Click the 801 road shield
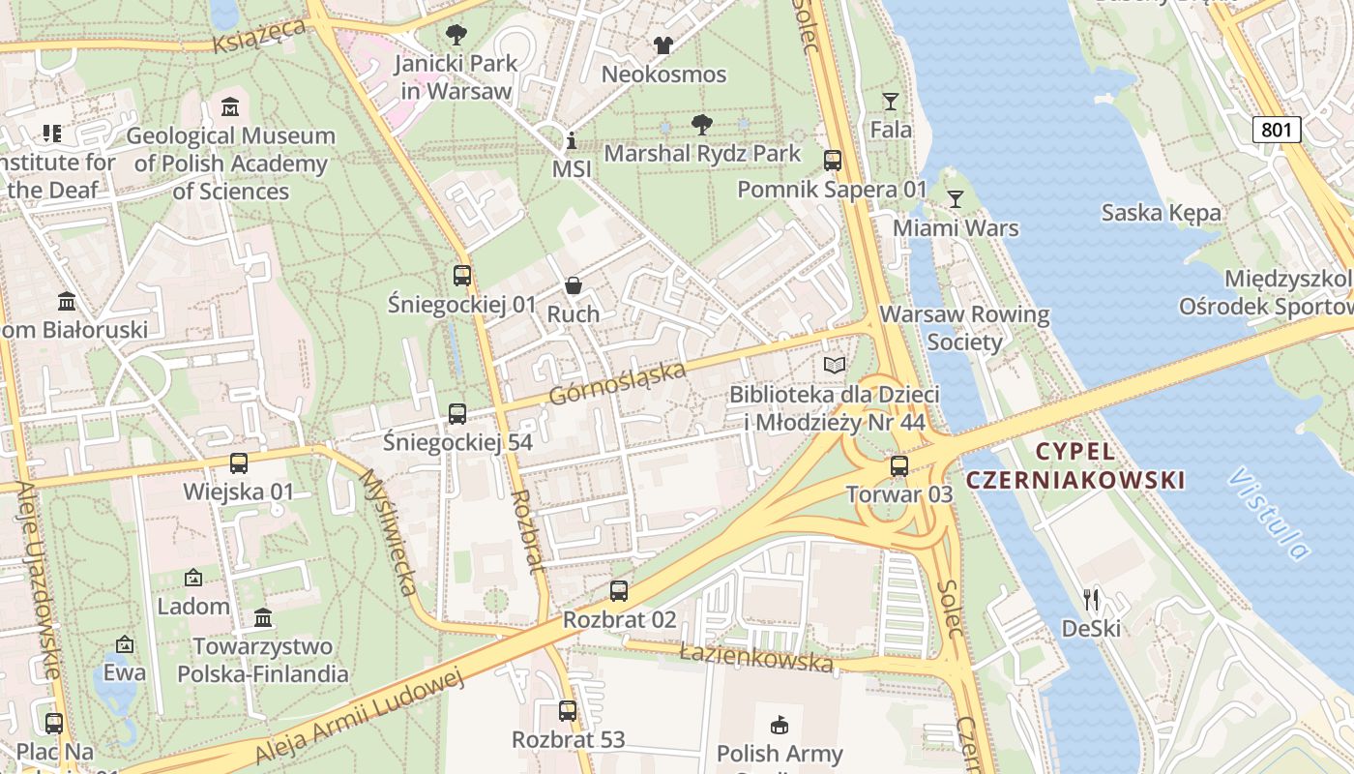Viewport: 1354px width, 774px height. pyautogui.click(x=1277, y=129)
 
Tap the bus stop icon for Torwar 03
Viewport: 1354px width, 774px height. pyautogui.click(x=899, y=466)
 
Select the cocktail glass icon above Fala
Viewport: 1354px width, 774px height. pyautogui.click(x=891, y=101)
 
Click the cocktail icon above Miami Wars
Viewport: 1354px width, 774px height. pyautogui.click(x=956, y=199)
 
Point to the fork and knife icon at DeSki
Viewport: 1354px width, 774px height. pyautogui.click(x=1091, y=600)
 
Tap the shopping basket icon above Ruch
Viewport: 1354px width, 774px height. pyautogui.click(x=574, y=285)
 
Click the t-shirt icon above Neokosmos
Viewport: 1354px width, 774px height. pyautogui.click(x=662, y=45)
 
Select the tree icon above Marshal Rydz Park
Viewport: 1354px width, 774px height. pyautogui.click(x=702, y=124)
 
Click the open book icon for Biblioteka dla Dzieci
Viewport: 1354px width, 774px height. pyautogui.click(x=834, y=365)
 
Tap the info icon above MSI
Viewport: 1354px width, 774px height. pyautogui.click(x=571, y=140)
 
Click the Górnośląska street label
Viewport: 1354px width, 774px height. pyautogui.click(x=617, y=384)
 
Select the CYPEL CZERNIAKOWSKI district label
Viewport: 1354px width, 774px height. pyautogui.click(x=1075, y=465)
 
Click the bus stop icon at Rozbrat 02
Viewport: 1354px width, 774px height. pyautogui.click(x=619, y=590)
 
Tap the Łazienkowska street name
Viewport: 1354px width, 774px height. pyautogui.click(x=755, y=658)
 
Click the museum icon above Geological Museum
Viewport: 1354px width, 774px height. pyautogui.click(x=230, y=106)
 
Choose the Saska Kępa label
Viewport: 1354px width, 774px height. pyautogui.click(x=1161, y=212)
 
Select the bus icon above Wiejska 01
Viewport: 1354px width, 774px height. pyautogui.click(x=239, y=463)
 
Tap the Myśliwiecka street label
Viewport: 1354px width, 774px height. pyautogui.click(x=388, y=532)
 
